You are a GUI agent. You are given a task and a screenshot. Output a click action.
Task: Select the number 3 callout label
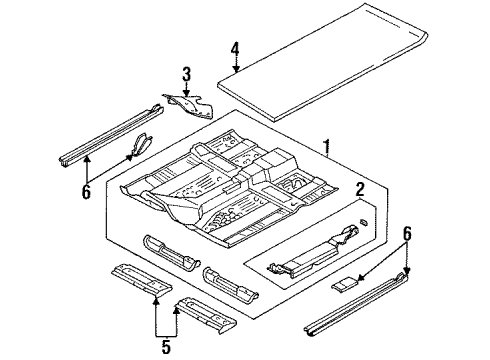[186, 71]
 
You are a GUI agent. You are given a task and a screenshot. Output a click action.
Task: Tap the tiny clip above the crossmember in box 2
[363, 219]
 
